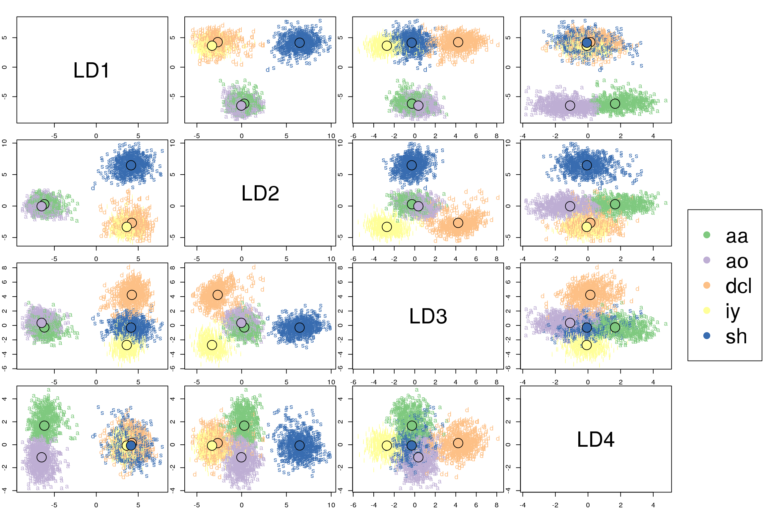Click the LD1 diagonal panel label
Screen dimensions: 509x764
coord(92,70)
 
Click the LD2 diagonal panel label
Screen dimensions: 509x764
coord(260,193)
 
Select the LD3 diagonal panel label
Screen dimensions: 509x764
coord(428,316)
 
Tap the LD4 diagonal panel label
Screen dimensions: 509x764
coord(596,439)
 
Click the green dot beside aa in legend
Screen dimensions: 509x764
coord(707,235)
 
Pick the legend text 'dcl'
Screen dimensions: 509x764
coord(738,286)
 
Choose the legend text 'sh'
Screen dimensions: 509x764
coord(736,336)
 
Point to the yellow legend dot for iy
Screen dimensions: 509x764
coord(707,311)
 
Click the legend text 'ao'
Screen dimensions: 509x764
coord(737,261)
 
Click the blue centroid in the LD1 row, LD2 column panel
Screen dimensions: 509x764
coord(299,42)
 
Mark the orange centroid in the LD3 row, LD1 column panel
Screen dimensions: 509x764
coord(132,295)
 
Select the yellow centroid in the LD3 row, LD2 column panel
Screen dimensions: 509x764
coord(212,345)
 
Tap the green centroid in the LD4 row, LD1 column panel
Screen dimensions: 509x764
coord(44,425)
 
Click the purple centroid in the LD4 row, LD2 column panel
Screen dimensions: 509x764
coord(241,457)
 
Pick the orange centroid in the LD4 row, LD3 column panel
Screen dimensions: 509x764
coord(458,443)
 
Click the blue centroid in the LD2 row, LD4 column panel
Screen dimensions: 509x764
coord(587,165)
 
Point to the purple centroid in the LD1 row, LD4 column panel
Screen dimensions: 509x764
coord(570,105)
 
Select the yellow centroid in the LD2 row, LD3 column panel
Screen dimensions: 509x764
coord(387,227)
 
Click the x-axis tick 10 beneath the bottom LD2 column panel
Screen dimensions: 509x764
coord(331,505)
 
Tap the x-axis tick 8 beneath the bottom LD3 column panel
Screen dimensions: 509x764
coord(496,505)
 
